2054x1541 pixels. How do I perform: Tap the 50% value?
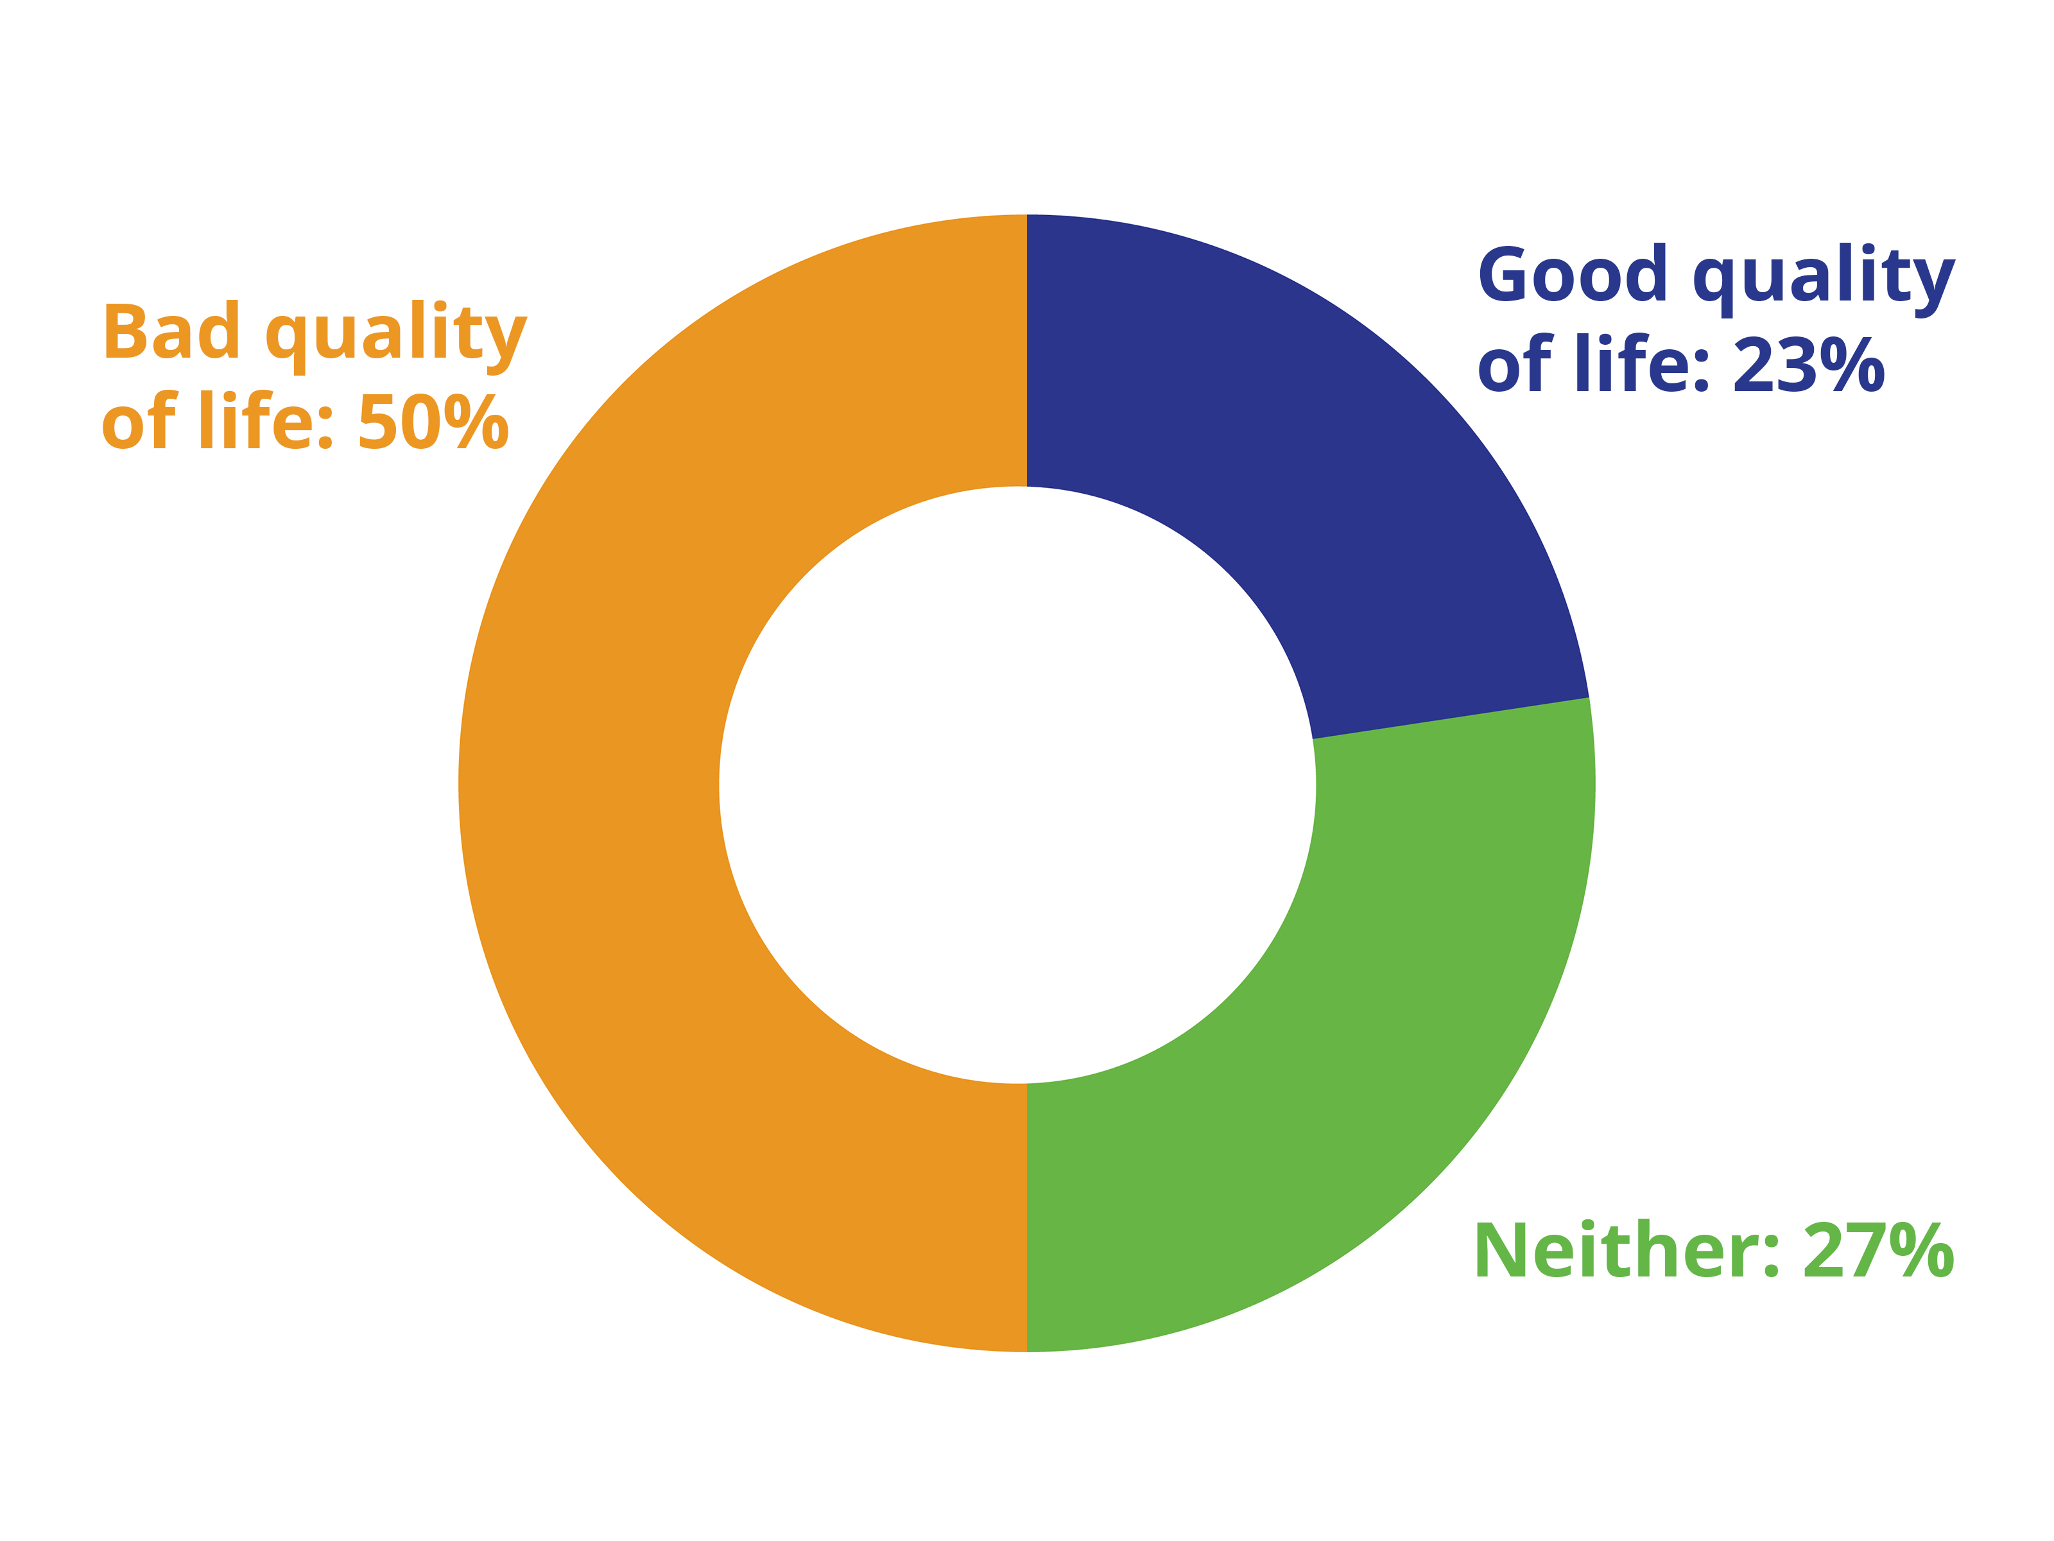[434, 422]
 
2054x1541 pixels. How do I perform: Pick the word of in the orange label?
[139, 420]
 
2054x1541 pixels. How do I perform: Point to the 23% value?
[1809, 364]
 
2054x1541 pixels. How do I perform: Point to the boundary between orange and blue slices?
[1026, 350]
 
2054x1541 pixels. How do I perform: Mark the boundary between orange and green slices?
[1026, 1218]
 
